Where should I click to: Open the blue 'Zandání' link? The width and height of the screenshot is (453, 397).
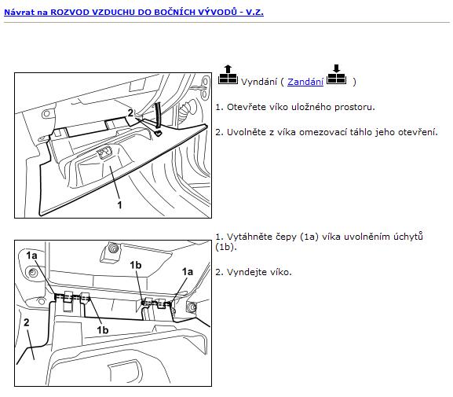point(305,82)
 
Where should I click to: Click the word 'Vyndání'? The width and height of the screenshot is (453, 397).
point(259,82)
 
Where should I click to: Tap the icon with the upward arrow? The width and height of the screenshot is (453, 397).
point(228,75)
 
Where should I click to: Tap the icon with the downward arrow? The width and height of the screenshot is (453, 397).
point(336,75)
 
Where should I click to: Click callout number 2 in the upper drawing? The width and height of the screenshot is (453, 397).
point(130,112)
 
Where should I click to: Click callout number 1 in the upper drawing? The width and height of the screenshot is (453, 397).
point(119,205)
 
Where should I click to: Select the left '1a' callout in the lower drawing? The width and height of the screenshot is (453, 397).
point(31,255)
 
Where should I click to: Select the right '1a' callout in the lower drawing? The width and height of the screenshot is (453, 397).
point(187,272)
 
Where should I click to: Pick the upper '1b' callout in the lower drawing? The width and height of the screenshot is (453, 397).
point(136,265)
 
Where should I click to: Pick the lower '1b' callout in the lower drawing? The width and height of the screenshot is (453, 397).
point(103,330)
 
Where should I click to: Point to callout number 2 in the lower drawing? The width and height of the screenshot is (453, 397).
point(27,322)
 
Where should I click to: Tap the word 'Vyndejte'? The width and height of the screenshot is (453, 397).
point(247,272)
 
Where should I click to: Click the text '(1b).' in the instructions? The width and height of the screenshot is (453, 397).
point(226,247)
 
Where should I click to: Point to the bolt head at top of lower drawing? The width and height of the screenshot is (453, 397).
point(112,248)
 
